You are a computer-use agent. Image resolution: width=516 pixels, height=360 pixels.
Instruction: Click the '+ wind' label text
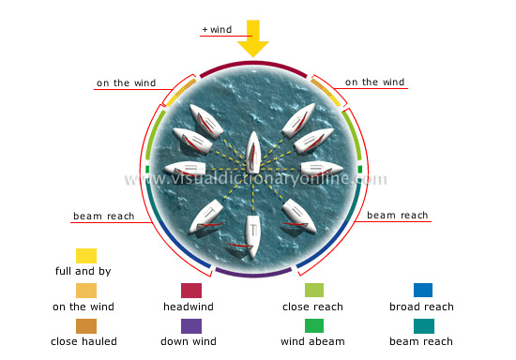coord(216,30)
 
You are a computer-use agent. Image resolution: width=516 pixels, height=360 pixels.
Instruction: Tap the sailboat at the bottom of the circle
coord(251,237)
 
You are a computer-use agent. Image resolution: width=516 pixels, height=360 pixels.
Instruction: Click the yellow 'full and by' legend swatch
coord(86,256)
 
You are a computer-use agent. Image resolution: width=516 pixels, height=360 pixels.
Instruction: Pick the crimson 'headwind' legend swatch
coord(191,291)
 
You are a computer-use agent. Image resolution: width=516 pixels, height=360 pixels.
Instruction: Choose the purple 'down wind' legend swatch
coord(191,326)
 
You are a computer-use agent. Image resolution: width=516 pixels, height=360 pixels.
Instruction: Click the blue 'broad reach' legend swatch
coord(422,291)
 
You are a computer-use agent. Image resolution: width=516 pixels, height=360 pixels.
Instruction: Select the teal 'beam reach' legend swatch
coord(422,326)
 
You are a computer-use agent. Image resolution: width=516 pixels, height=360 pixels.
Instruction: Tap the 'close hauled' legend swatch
coord(86,326)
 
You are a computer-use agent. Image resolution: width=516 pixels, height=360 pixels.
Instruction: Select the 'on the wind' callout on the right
coord(375,82)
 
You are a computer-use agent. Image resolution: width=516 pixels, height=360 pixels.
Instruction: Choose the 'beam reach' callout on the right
coord(397,216)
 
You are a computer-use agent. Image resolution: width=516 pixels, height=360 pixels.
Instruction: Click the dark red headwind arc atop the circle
coord(253,64)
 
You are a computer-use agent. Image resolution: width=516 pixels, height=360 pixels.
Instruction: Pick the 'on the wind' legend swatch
coord(86,291)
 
